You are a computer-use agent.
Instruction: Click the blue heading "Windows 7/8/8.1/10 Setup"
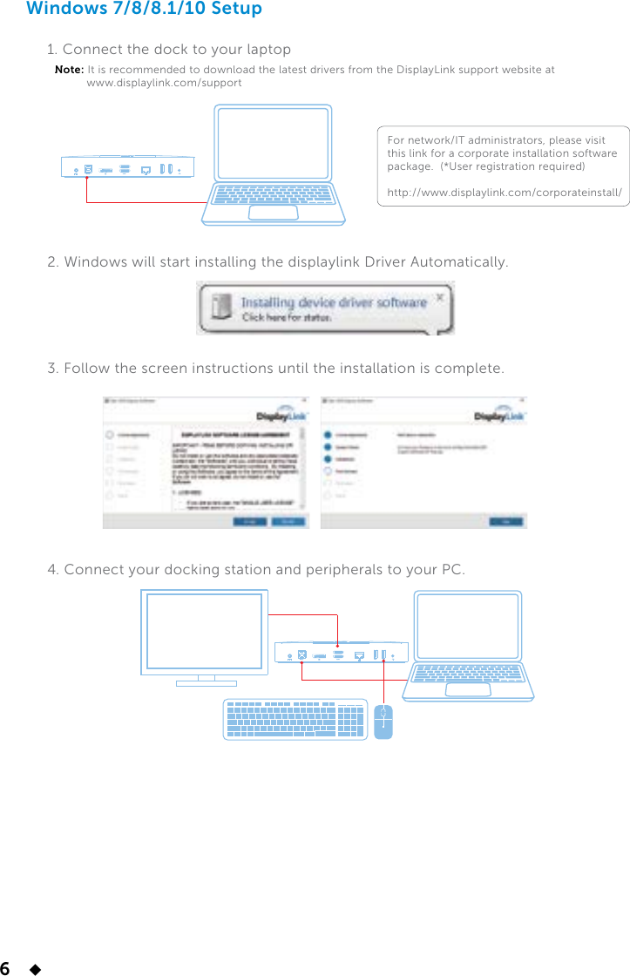coord(144,10)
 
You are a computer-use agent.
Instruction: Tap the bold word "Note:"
coord(69,70)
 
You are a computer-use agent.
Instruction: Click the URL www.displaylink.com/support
coord(164,83)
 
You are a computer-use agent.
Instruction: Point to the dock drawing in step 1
coord(127,167)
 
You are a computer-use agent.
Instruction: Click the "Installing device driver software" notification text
coord(334,303)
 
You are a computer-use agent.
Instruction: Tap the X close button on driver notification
coord(440,297)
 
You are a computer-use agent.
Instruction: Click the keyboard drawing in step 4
coord(295,720)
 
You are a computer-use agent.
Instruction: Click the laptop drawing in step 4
coord(468,645)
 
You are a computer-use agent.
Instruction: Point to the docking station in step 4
coord(341,653)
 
